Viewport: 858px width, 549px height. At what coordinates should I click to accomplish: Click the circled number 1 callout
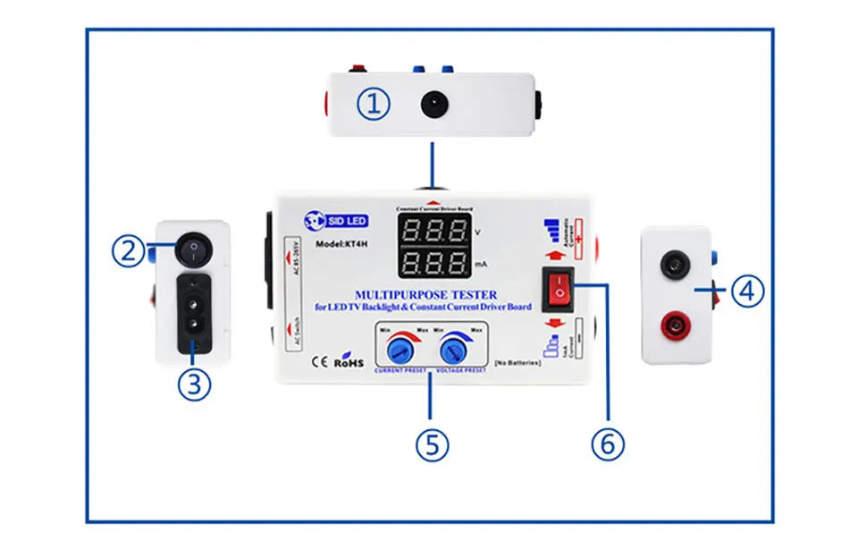[374, 104]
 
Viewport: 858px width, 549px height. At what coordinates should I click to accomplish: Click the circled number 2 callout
[129, 250]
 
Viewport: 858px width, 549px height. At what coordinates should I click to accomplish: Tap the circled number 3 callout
[195, 384]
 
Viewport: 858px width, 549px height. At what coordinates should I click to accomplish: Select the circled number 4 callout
[747, 291]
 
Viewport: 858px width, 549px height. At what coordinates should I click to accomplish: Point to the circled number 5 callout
[432, 444]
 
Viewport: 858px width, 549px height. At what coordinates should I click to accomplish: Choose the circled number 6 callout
[608, 444]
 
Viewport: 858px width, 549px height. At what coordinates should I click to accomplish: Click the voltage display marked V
[433, 231]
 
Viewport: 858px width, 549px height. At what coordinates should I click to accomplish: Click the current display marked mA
[433, 263]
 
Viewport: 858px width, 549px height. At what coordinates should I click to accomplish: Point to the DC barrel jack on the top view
[434, 104]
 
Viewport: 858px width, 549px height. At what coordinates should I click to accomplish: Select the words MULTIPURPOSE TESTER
[425, 294]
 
